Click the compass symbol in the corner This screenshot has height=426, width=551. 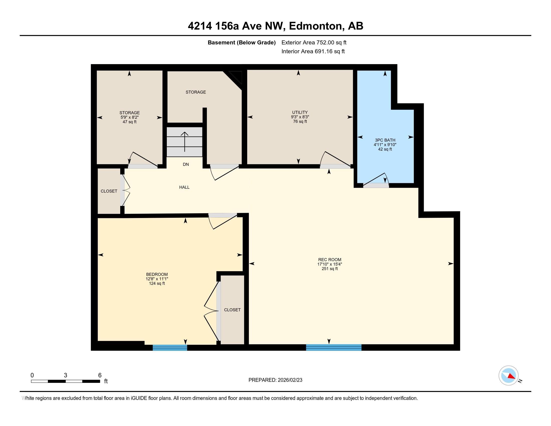coord(508,375)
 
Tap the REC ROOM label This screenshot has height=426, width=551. coord(330,259)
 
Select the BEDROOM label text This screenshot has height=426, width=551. coord(157,274)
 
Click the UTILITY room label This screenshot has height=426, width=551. coord(300,112)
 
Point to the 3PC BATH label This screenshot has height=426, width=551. coord(385,140)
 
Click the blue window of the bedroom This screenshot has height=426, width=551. coord(170,348)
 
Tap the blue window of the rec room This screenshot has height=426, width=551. coord(334,347)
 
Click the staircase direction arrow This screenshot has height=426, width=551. coord(185,142)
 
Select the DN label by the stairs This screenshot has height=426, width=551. coord(186,164)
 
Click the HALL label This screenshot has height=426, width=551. coord(184,187)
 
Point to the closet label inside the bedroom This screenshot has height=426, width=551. coord(232,310)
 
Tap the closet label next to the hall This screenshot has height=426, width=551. coord(109,191)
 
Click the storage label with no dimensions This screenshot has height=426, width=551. coord(196,92)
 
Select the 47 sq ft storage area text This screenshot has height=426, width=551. coord(129,122)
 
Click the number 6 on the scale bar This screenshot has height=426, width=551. coord(100,375)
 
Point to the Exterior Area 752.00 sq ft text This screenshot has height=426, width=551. coord(314,42)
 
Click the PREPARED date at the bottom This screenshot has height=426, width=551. coord(275,380)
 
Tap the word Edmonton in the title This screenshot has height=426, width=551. coord(316,26)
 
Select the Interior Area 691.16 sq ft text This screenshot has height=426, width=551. coord(313,51)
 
